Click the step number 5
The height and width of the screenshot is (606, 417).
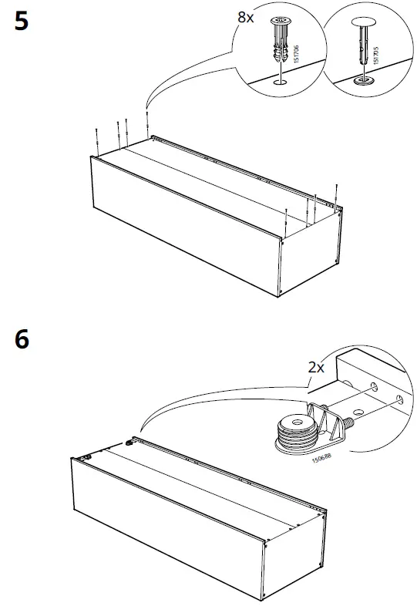[22, 22]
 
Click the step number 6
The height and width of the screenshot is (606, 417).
[22, 340]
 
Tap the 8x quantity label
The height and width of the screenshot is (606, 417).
[245, 17]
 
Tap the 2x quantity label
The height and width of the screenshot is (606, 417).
[317, 368]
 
